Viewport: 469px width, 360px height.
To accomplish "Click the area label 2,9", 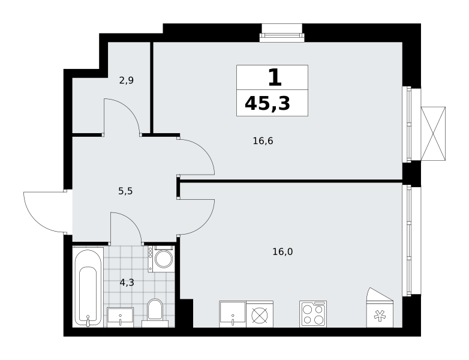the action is tap(126, 80).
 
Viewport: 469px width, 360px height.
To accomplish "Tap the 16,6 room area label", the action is tap(263, 140).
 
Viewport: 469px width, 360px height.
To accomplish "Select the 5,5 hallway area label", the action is tap(125, 191).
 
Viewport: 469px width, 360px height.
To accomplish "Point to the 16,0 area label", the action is tap(282, 252).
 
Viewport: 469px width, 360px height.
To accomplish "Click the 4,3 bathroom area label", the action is tap(127, 283).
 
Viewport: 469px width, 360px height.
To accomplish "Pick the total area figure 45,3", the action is tap(267, 104).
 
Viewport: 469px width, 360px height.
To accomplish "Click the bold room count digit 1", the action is tap(275, 77).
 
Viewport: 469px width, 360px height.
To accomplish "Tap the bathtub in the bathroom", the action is tap(88, 287).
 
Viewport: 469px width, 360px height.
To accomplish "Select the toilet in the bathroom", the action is tap(155, 313).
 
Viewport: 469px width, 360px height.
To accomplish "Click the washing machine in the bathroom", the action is tap(161, 259).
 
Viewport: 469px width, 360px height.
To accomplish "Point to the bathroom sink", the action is tap(120, 317).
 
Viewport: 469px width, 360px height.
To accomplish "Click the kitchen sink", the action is tap(233, 314).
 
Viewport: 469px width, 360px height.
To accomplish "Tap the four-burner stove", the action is tap(313, 314).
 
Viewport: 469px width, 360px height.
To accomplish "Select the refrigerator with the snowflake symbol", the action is tap(380, 308).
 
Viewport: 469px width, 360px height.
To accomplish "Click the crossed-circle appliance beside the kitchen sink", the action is tap(260, 314).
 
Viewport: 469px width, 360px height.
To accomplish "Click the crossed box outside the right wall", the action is tap(433, 133).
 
